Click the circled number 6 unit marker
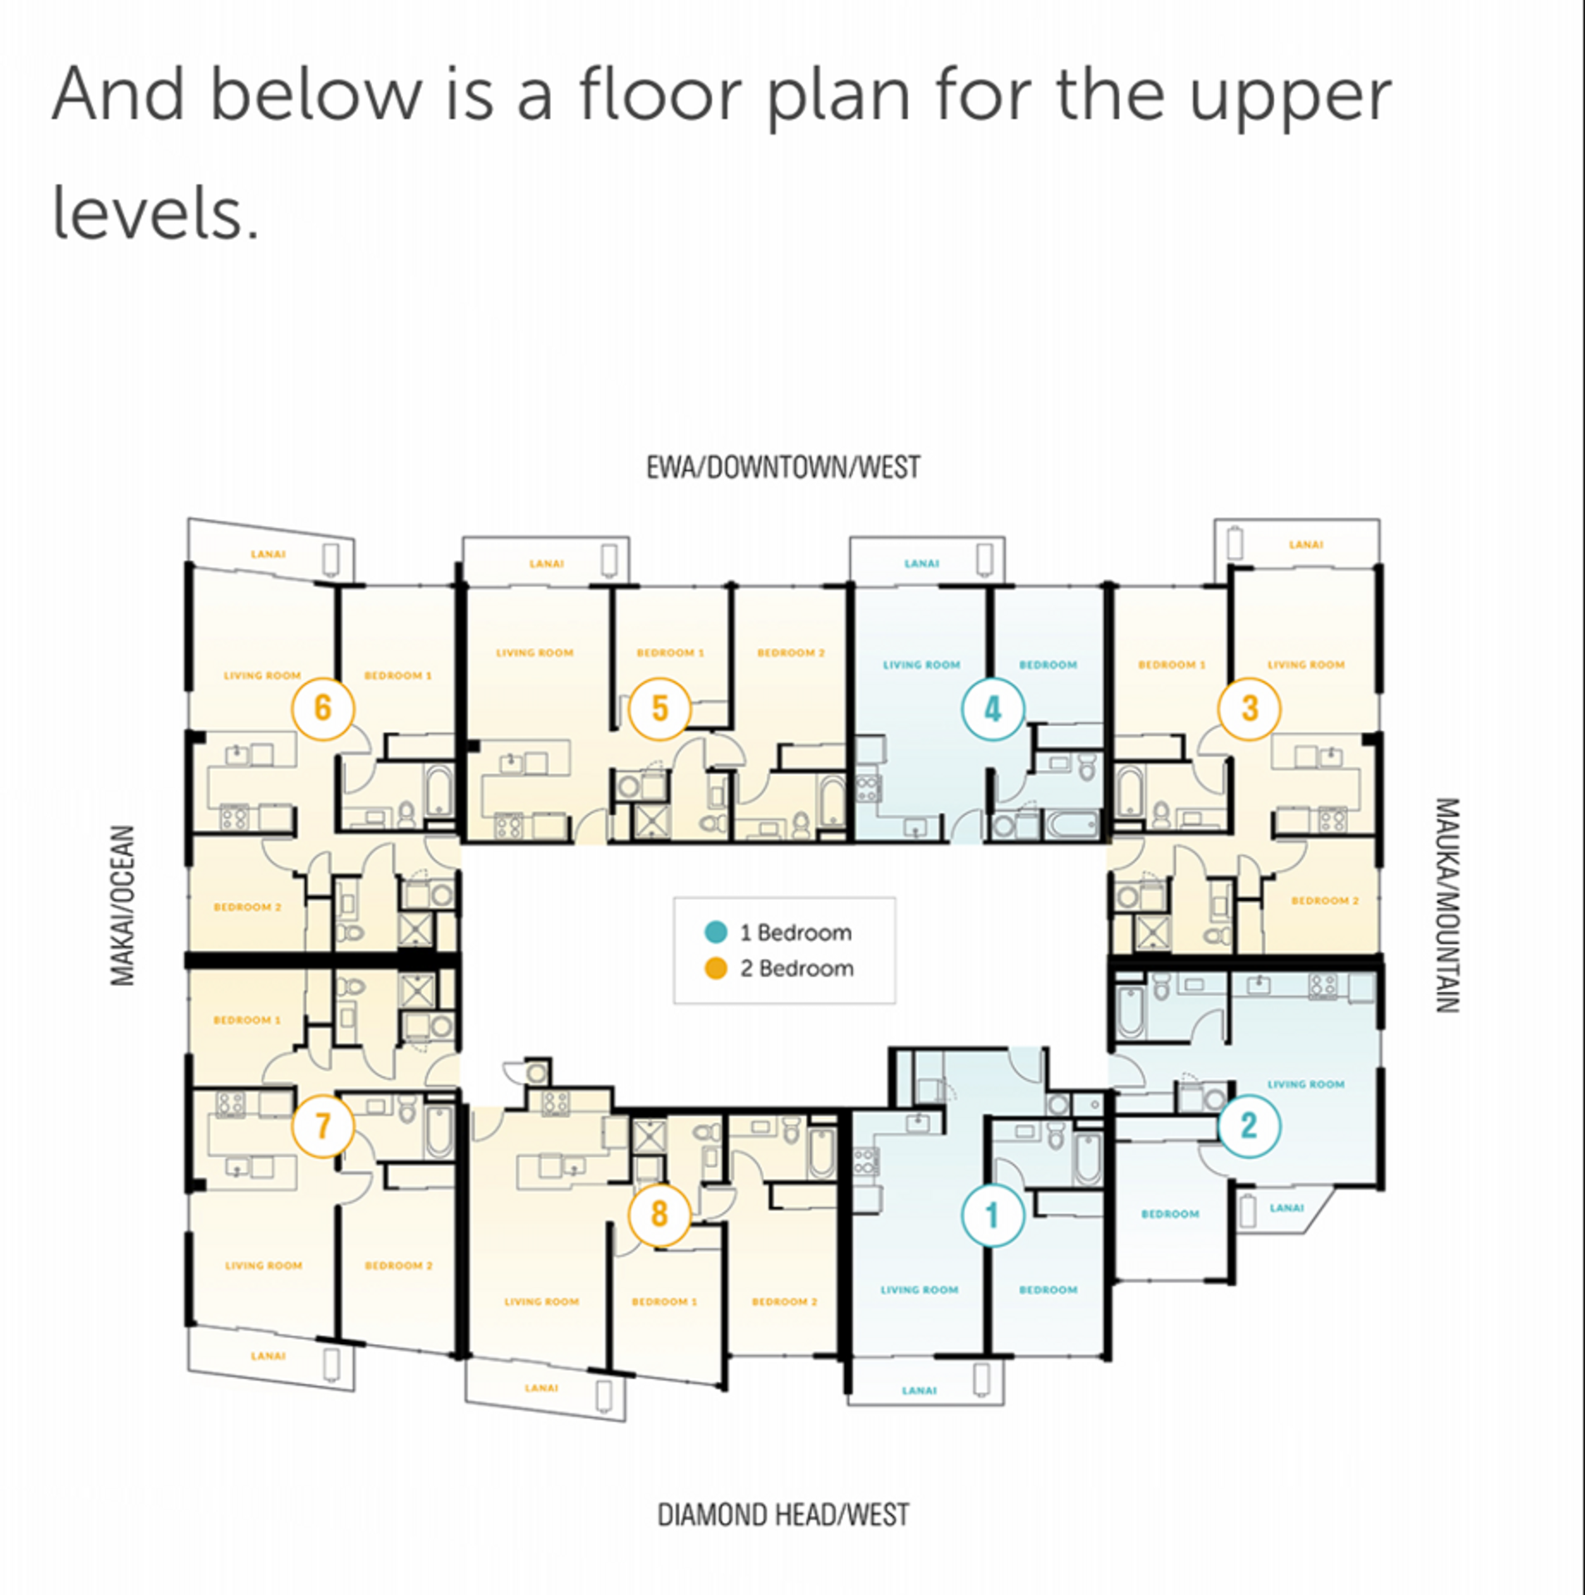pos(322,709)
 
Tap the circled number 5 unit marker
pos(660,709)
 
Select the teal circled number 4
pos(993,709)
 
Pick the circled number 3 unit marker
pos(1249,709)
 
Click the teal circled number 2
pos(1249,1126)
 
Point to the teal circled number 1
pos(993,1215)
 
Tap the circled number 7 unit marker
pos(323,1126)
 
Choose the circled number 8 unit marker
pos(660,1214)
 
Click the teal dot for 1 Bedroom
pos(715,932)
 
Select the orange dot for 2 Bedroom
pos(715,968)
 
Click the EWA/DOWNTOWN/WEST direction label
pos(783,467)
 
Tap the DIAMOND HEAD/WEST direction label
pos(783,1514)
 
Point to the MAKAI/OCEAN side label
pos(122,905)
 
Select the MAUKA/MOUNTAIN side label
pos(1448,905)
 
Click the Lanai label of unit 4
pos(921,563)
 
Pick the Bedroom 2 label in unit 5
pos(791,653)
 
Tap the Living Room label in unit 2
pos(1306,1084)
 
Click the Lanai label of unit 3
pos(1306,544)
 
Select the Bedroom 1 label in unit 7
pos(247,1019)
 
